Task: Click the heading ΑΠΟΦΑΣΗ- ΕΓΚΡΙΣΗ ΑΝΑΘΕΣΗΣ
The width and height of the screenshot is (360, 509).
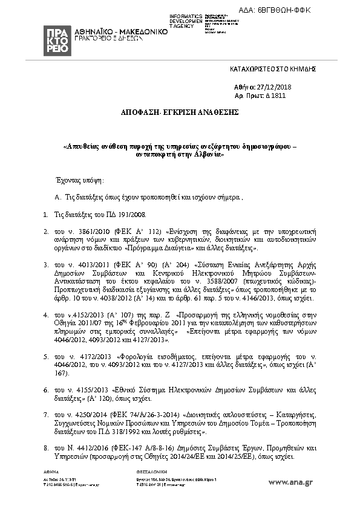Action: click(179, 112)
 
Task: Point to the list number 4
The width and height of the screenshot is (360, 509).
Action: click(45, 315)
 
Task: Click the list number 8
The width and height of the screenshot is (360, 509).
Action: click(45, 449)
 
